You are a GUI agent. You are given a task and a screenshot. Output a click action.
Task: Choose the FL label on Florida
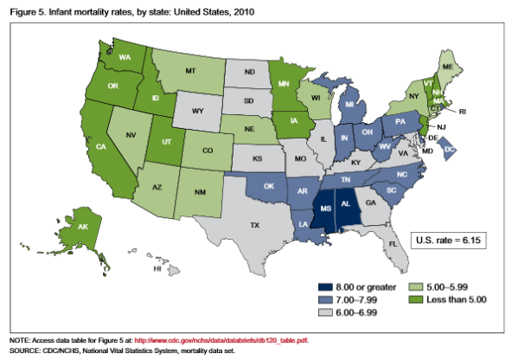click(x=393, y=244)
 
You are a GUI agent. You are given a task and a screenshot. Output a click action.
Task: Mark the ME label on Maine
click(x=447, y=67)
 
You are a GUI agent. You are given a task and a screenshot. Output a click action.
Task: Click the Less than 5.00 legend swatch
click(x=416, y=299)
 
